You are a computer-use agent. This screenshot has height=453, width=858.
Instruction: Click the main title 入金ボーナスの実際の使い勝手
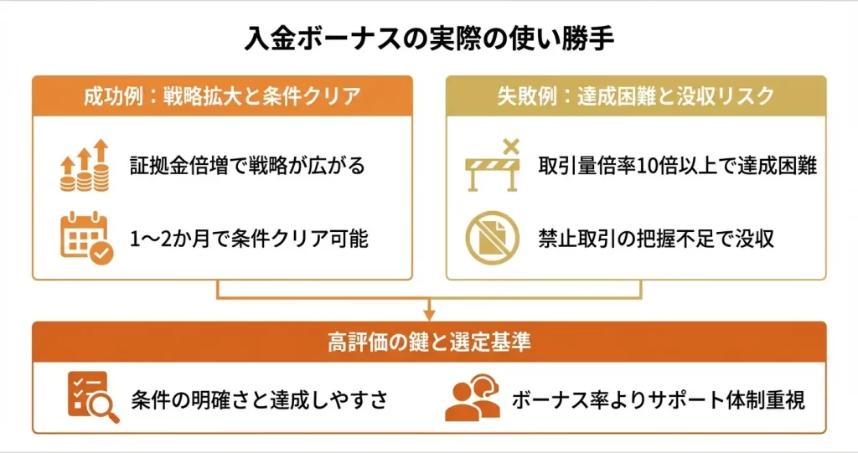click(x=429, y=38)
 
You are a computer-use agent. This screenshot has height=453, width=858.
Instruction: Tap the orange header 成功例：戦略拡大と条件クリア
click(x=222, y=95)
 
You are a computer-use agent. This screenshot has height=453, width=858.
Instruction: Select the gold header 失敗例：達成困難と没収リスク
click(x=635, y=95)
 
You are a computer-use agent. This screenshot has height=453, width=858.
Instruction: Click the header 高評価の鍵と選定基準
click(x=429, y=342)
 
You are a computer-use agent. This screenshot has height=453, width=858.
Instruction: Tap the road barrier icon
click(x=494, y=167)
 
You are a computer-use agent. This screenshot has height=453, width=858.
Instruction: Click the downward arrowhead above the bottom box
click(x=429, y=314)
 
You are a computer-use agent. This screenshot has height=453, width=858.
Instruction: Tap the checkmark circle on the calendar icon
click(x=101, y=253)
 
